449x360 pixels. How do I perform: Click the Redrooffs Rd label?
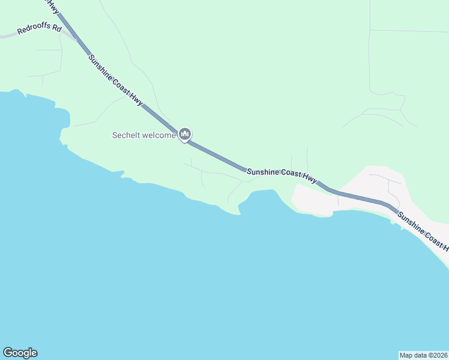tap(40, 29)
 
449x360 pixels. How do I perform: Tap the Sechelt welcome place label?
tap(144, 135)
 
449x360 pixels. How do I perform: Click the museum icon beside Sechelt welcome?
tap(185, 133)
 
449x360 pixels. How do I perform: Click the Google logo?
tap(20, 353)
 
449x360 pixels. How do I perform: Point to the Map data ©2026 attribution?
tap(424, 355)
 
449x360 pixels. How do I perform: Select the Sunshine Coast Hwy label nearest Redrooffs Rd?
tap(115, 80)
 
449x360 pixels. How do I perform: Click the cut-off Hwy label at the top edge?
tap(53, 6)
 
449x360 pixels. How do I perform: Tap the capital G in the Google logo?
tap(8, 353)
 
